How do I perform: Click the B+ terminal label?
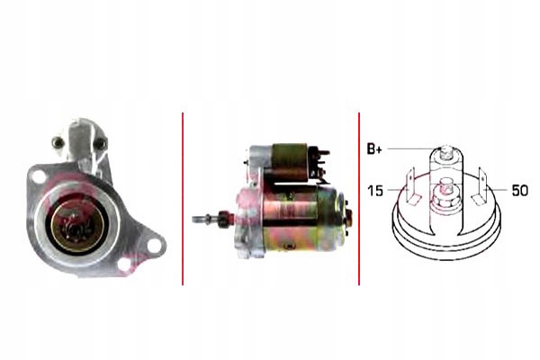point(374,149)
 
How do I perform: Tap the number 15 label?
point(375,191)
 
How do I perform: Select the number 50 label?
point(519,190)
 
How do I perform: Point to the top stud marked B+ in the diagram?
point(445,154)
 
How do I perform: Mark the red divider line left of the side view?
point(183,199)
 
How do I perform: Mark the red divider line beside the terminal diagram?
point(359,199)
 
